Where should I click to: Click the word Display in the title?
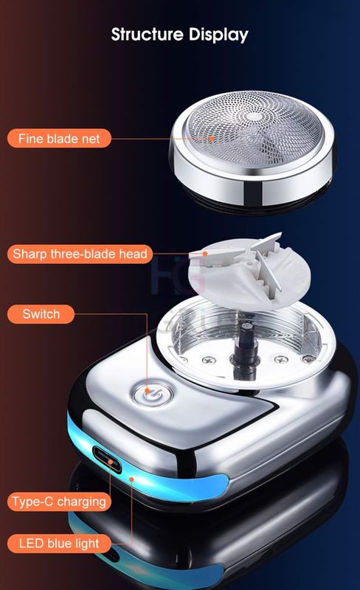click(x=220, y=34)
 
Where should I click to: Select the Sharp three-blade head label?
click(x=80, y=254)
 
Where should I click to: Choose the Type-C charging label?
click(x=59, y=502)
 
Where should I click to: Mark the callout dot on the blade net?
click(x=212, y=137)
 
